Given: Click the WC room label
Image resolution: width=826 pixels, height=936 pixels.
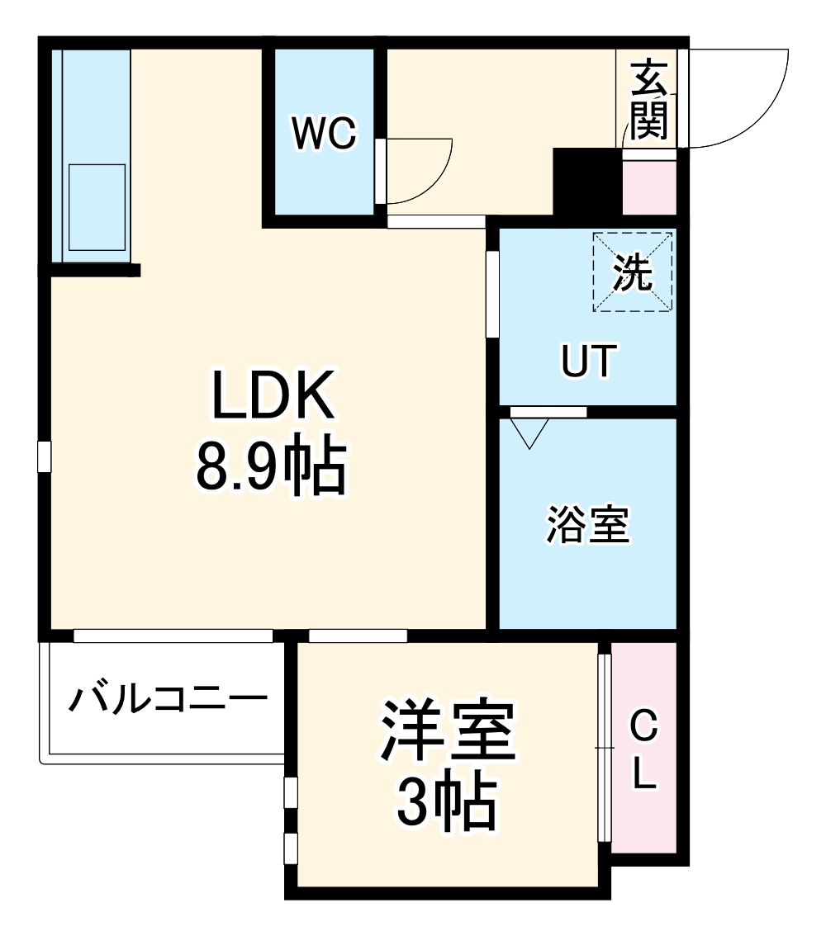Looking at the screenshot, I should tap(325, 133).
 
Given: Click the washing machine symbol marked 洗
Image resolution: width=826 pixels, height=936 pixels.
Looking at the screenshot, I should tap(632, 272).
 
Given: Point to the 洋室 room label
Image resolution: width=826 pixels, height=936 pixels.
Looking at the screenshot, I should tap(447, 731).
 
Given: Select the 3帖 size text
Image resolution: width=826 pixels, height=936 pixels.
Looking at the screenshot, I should tap(447, 801).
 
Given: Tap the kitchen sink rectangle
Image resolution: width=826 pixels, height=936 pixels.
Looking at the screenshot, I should tap(97, 206).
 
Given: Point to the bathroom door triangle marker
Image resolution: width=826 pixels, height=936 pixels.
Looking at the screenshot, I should tap(530, 432).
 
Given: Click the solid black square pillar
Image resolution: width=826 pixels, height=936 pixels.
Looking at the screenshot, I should tap(586, 182).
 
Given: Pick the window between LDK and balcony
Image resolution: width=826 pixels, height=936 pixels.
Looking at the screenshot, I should tap(173, 636).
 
